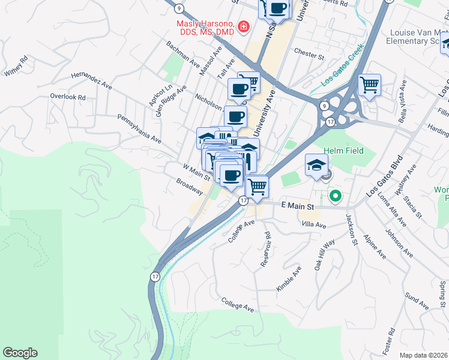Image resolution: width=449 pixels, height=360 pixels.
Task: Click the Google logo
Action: (20, 353)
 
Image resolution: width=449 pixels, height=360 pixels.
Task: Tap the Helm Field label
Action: (343, 151)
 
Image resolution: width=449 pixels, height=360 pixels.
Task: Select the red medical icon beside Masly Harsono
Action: (244, 26)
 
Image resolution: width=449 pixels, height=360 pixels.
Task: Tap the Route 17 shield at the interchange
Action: (330, 122)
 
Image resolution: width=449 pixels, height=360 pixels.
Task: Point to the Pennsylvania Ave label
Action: (139, 129)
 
